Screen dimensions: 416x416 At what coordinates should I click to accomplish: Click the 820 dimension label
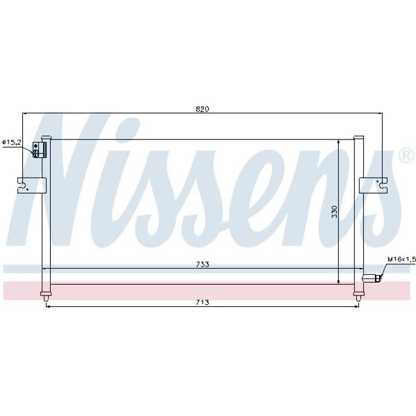coord(203,109)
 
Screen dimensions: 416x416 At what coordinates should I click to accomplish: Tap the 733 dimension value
coord(203,265)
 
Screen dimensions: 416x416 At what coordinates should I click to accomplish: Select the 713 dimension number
coord(203,302)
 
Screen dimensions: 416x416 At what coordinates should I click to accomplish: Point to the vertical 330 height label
coord(334,212)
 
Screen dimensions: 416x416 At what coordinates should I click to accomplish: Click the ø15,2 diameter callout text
coord(12,143)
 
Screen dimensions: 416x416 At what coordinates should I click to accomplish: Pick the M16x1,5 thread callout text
coord(401,259)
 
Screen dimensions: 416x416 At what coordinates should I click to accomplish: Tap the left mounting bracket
coord(31,185)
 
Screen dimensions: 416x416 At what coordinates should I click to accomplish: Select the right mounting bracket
coord(373,185)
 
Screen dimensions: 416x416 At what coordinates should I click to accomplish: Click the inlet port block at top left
coord(39,150)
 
